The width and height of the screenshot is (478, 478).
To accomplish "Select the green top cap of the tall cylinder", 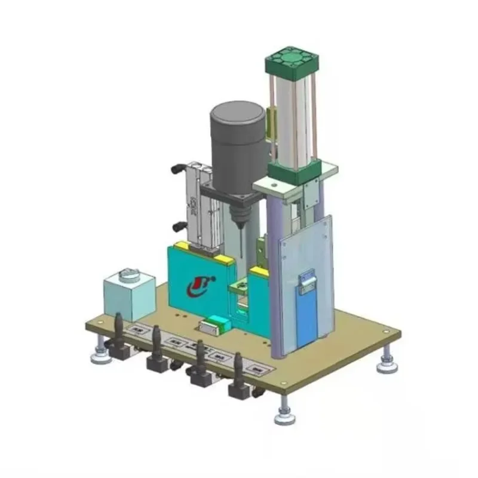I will click(291, 62).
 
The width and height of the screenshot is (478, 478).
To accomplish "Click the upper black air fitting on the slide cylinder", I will click(177, 170).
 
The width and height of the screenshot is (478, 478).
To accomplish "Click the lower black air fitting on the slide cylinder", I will click(177, 226).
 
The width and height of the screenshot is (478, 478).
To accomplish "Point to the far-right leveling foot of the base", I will click(387, 363).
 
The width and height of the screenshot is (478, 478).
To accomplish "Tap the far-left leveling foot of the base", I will click(99, 355).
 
